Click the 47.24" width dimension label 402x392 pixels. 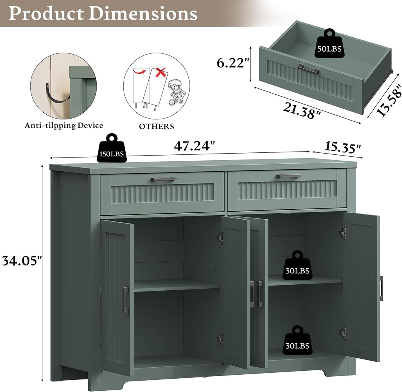pos(194,146)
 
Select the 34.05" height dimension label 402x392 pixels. pos(22,261)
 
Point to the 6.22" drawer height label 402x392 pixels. pos(233,63)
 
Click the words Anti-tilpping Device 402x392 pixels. pos(64,125)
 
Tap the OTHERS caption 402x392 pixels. pos(157,126)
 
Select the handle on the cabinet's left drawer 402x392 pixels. pos(164,179)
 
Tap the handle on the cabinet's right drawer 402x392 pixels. pos(289,176)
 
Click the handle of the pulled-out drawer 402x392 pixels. pos(309,69)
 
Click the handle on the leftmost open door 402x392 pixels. pos(126,300)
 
